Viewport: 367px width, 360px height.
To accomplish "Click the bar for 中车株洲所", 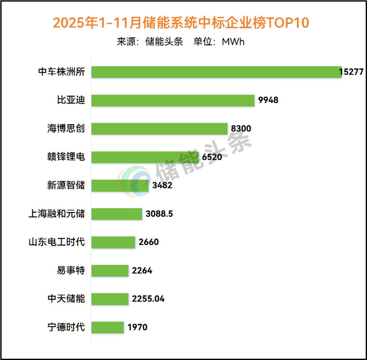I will (x=216, y=72).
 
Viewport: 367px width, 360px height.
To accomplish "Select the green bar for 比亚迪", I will (x=173, y=100).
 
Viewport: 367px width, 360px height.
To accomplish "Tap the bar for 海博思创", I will (x=159, y=129).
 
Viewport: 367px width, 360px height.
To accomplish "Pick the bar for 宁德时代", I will (x=108, y=327).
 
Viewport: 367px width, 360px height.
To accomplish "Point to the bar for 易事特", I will (x=110, y=271).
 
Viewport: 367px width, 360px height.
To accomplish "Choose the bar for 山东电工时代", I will (x=113, y=242).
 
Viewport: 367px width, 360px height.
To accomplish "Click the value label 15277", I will (x=351, y=72).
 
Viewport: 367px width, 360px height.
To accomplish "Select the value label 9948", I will (x=268, y=100).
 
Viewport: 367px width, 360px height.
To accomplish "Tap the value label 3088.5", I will (x=159, y=214).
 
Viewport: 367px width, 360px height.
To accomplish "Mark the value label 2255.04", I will (x=148, y=299).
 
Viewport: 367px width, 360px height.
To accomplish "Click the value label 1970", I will (x=137, y=327).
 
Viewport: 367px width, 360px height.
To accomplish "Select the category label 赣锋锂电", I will (x=66, y=157).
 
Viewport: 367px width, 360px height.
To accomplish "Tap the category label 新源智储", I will (x=66, y=185).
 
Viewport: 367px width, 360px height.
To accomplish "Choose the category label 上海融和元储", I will (x=56, y=214).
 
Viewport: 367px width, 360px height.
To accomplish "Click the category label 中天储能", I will (x=66, y=299).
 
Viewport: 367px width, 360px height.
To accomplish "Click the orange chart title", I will (x=181, y=23).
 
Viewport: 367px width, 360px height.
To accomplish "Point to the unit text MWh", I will (x=233, y=42).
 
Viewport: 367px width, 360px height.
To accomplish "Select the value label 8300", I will (x=241, y=129).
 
